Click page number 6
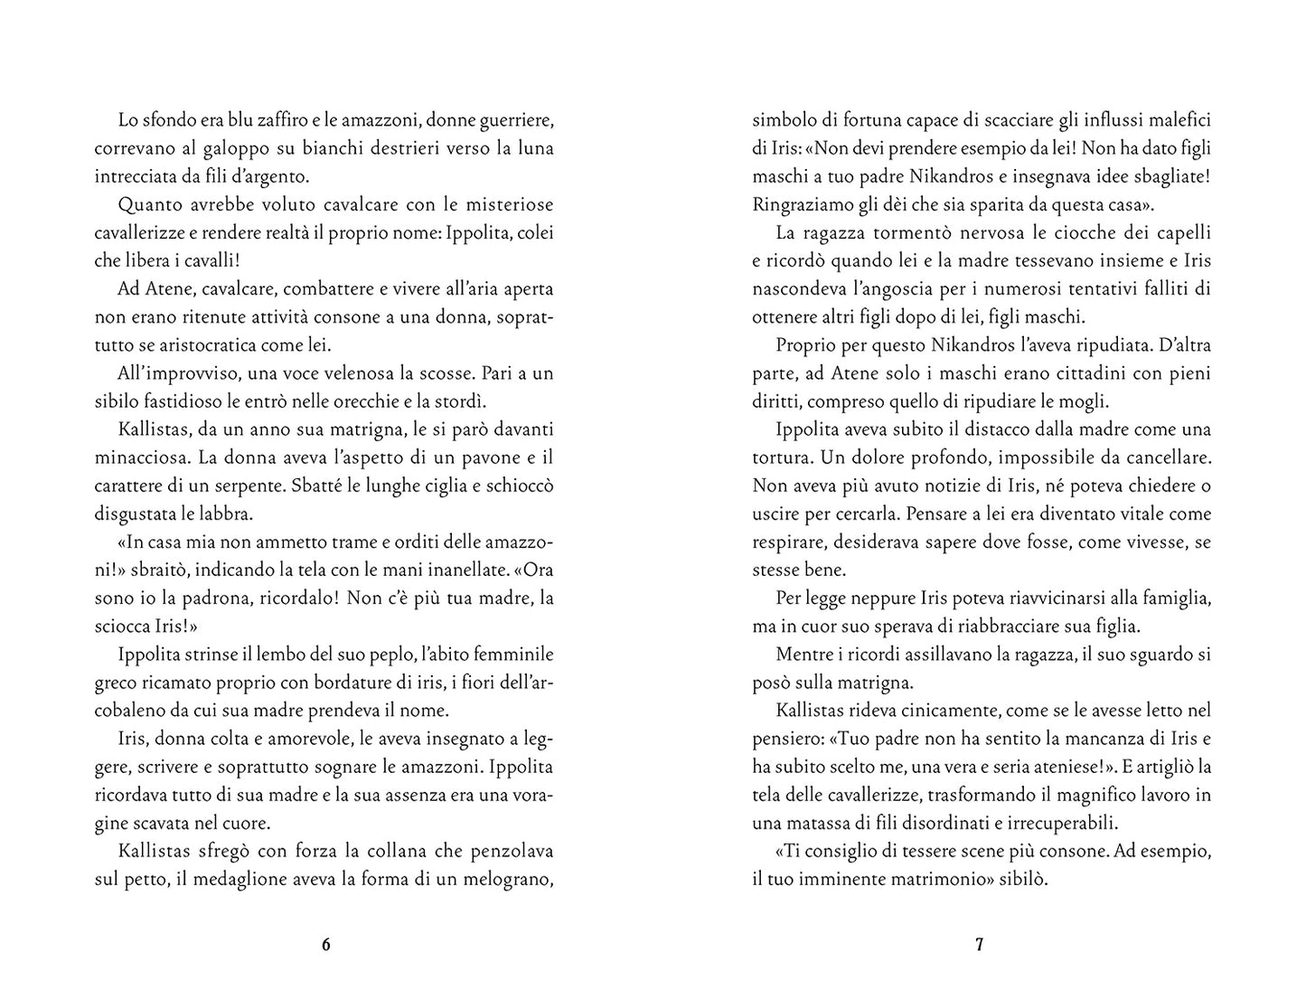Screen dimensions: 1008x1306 coord(326,945)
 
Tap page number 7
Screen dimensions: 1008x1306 coord(979,945)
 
